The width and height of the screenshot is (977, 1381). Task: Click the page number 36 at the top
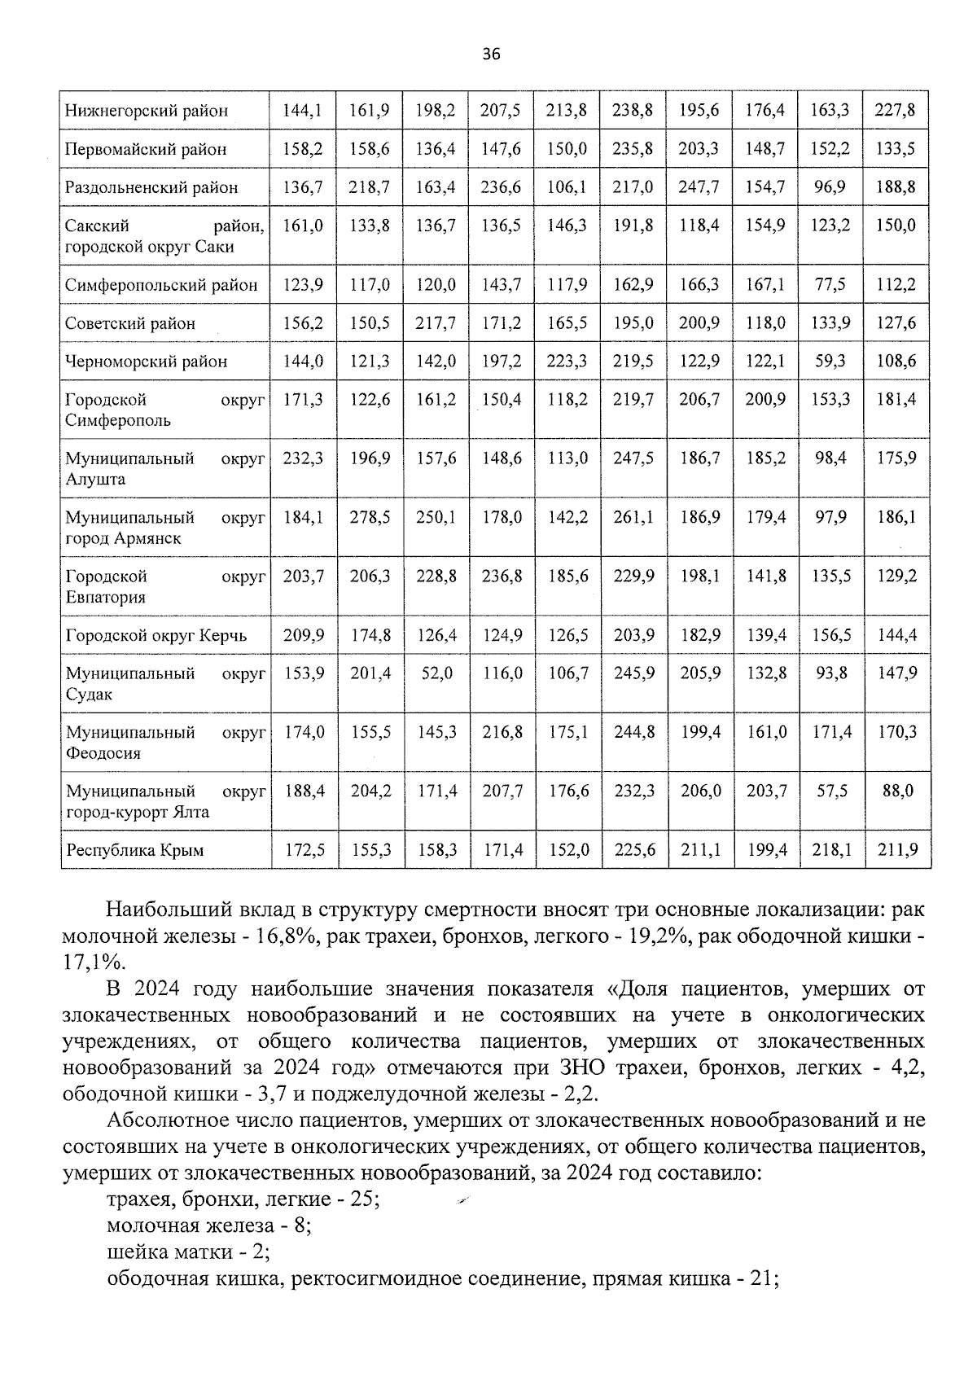[490, 55]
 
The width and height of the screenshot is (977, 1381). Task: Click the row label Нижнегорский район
[147, 111]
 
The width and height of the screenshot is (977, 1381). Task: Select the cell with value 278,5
[370, 517]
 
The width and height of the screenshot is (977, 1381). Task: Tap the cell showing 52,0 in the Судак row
[437, 673]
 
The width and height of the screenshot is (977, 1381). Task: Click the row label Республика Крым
[135, 850]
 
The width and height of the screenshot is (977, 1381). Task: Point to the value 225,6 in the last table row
[633, 850]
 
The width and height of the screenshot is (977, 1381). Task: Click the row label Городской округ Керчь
[156, 635]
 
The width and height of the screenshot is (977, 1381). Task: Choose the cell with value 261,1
[633, 517]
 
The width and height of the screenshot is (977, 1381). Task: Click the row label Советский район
[130, 323]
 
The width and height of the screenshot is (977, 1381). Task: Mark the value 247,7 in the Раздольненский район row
[699, 187]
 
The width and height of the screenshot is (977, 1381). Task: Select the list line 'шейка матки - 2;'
[189, 1252]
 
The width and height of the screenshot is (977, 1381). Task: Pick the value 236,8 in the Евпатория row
[502, 577]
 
